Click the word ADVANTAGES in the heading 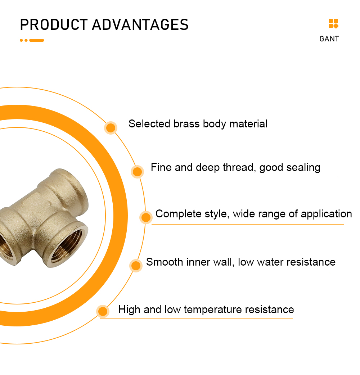(x=140, y=24)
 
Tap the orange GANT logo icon (x=333, y=23)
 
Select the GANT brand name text (x=329, y=39)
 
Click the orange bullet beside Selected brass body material (x=111, y=128)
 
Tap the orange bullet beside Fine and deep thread (x=137, y=172)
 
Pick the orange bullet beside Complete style (x=146, y=217)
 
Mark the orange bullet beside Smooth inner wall (x=136, y=266)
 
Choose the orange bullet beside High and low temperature (x=103, y=311)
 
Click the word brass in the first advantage (x=186, y=124)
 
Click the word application (x=326, y=214)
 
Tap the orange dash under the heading (x=37, y=40)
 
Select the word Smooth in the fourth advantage (x=165, y=262)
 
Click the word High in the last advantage (x=129, y=310)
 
